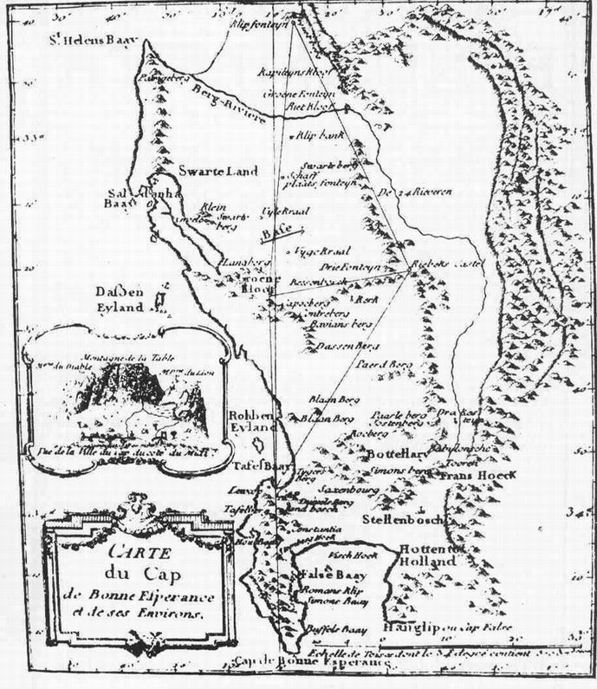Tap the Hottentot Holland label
coord(427,555)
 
